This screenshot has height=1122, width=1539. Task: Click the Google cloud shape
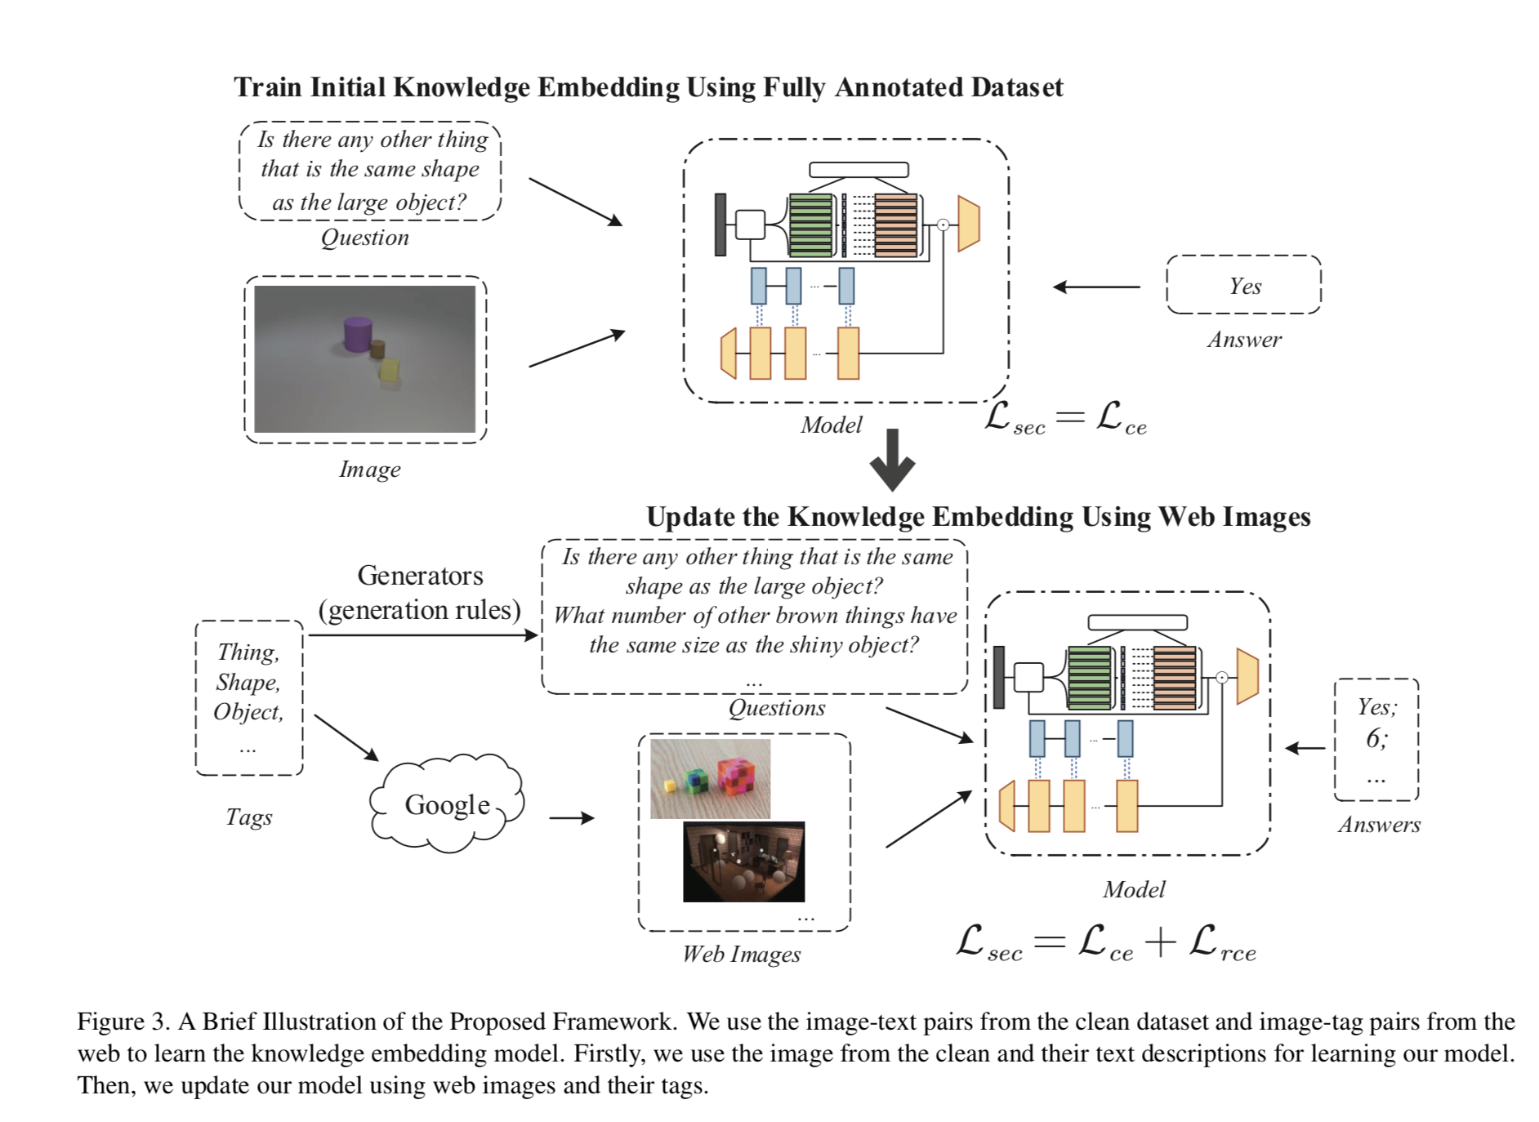(x=447, y=804)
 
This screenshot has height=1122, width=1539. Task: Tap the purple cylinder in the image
(x=357, y=335)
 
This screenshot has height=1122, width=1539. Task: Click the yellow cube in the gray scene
(x=390, y=370)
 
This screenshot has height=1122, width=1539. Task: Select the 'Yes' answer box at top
(x=1243, y=285)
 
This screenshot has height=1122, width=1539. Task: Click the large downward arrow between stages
(x=892, y=460)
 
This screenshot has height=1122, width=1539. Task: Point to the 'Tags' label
(x=249, y=817)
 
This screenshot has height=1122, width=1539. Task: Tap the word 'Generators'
(x=420, y=576)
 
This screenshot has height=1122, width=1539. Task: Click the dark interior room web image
(x=743, y=862)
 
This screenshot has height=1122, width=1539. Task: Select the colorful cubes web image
(x=710, y=779)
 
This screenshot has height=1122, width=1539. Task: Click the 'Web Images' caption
(x=741, y=954)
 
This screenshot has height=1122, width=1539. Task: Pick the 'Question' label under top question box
(x=364, y=238)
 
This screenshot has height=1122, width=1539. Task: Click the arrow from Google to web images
(x=571, y=817)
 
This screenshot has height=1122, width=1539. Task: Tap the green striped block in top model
(x=810, y=225)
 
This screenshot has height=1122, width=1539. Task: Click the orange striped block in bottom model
(x=1175, y=678)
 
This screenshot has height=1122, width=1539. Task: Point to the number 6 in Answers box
(x=1375, y=738)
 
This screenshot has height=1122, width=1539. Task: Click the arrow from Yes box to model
(x=1096, y=287)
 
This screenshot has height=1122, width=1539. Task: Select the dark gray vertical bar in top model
(x=720, y=225)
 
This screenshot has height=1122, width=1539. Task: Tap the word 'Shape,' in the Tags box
(x=248, y=682)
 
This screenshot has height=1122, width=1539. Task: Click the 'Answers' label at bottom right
(x=1379, y=825)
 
